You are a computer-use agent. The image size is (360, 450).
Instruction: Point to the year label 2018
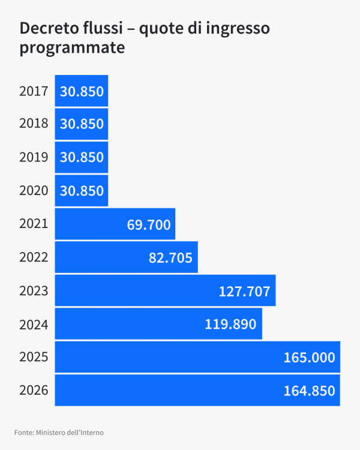click(34, 124)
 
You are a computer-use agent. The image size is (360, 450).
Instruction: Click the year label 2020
click(34, 191)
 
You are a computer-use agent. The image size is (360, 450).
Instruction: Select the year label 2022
click(34, 257)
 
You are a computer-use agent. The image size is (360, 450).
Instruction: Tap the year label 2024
click(34, 325)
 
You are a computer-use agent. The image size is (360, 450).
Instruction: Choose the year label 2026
click(34, 391)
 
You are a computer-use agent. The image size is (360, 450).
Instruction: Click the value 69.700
click(149, 225)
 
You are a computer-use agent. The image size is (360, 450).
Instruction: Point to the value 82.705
click(170, 258)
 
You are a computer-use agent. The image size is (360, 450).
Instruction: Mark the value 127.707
click(245, 292)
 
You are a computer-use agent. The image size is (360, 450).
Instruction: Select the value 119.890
click(230, 325)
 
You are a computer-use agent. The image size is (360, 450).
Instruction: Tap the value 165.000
click(309, 358)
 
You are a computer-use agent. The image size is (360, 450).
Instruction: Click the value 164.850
click(309, 391)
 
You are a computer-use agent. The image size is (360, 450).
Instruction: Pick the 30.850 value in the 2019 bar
click(82, 158)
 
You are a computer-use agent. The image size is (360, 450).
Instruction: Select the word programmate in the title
click(72, 48)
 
